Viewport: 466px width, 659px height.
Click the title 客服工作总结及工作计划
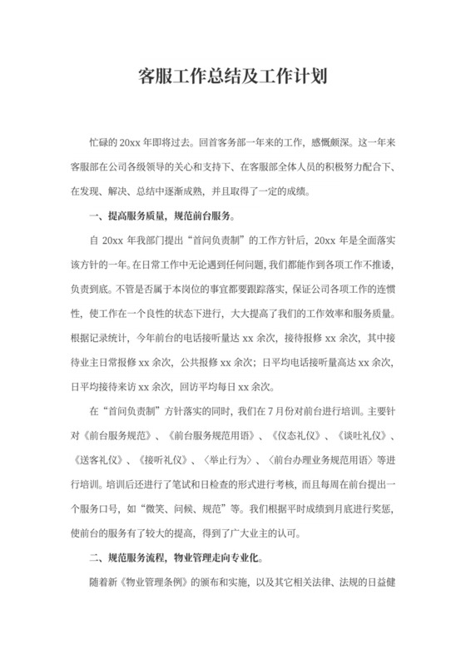click(x=232, y=77)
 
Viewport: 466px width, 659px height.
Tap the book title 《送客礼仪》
click(x=97, y=460)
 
